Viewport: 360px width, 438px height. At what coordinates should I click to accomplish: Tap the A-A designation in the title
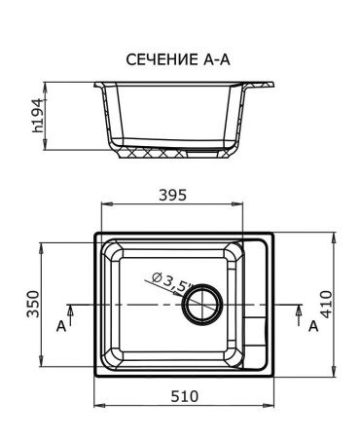pos(219,59)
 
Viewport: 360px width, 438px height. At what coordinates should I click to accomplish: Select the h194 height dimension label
pos(38,115)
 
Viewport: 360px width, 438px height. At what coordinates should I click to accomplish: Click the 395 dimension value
pos(172,196)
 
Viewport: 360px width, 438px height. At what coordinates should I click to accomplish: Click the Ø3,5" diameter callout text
pos(171,283)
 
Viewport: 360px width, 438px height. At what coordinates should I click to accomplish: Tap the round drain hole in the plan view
pos(203,305)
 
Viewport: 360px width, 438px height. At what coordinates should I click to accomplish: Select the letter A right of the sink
pos(313,326)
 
